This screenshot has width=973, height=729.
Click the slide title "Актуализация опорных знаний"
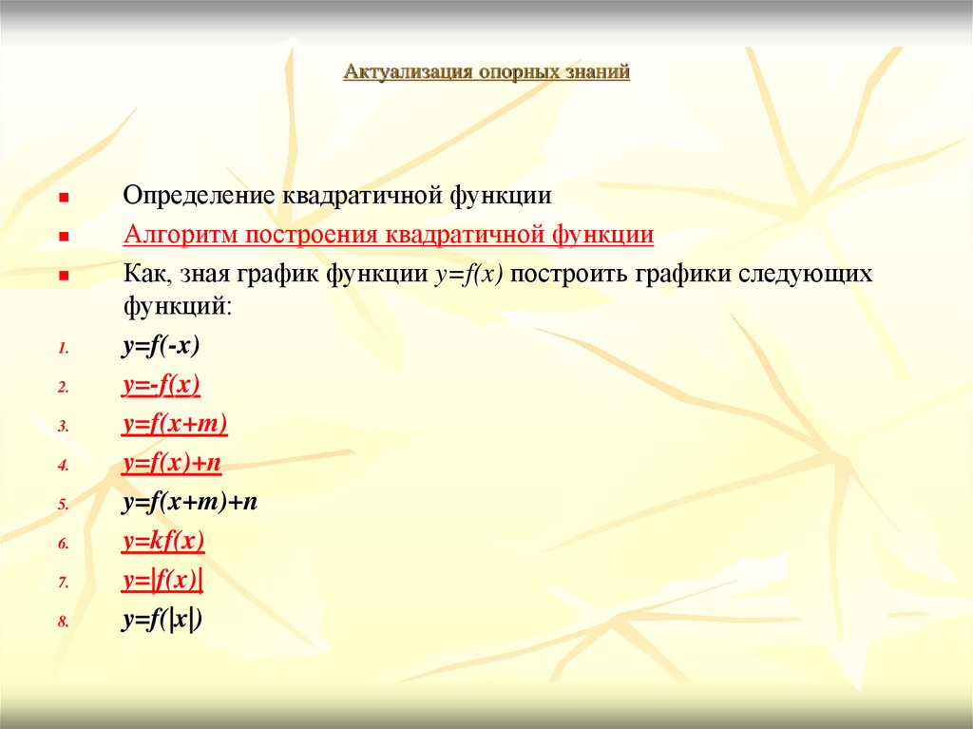pos(486,72)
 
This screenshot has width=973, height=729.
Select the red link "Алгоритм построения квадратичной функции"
pos(388,235)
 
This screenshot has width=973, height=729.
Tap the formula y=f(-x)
pos(161,347)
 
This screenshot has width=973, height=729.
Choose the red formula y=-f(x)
pos(161,386)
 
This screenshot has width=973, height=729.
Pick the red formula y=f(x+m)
pos(175,425)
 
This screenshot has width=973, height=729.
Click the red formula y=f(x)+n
pos(172,464)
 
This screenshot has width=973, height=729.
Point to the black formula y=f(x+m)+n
pos(190,503)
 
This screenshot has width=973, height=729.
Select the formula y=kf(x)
pos(163,542)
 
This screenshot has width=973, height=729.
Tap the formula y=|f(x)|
pos(163,581)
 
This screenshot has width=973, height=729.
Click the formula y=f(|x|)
pos(163,620)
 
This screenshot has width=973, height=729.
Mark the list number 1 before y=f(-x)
pos(62,349)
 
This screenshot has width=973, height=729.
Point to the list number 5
pos(62,506)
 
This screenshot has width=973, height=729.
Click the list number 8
pos(62,623)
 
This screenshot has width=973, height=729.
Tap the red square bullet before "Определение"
pos(63,197)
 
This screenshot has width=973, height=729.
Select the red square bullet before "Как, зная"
pos(63,276)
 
